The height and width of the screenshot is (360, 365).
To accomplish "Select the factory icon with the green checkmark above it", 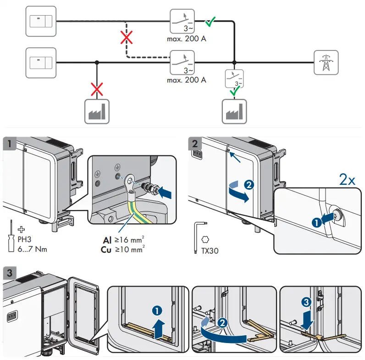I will (x=234, y=111).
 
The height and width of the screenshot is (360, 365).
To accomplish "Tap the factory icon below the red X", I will (x=96, y=111).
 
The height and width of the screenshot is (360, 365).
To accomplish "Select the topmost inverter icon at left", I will (x=41, y=21).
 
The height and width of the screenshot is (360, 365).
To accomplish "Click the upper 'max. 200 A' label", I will (x=186, y=39).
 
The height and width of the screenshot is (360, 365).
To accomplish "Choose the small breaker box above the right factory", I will (x=234, y=78).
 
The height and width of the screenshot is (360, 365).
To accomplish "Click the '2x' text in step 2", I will (x=347, y=180).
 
